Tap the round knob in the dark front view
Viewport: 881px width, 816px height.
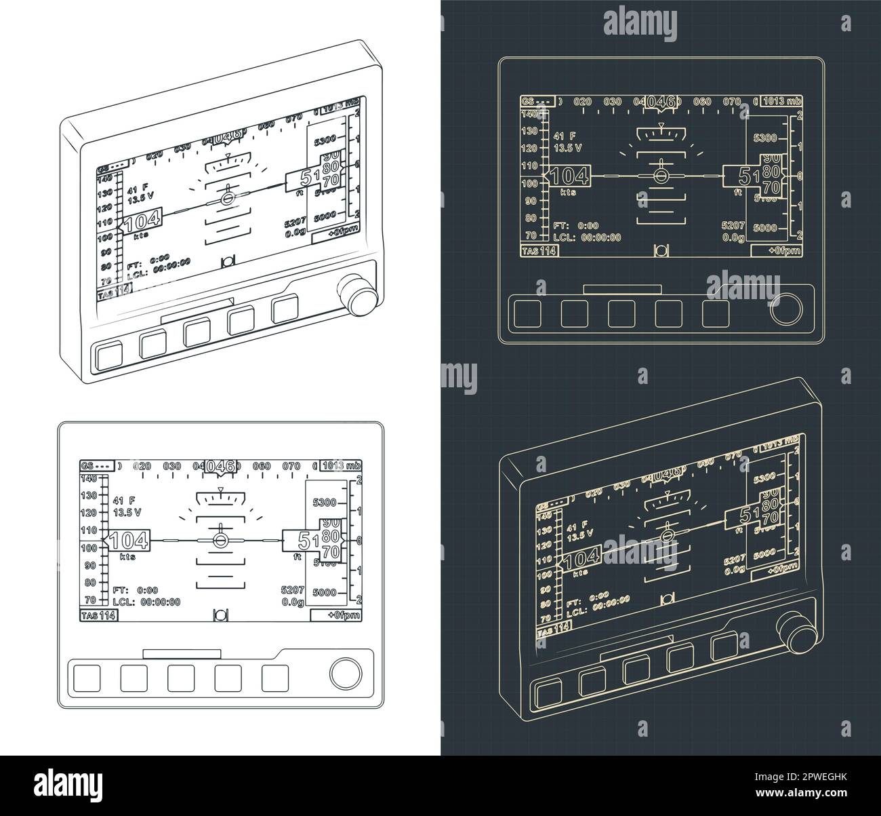tap(786, 310)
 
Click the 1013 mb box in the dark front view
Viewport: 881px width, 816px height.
tap(781, 101)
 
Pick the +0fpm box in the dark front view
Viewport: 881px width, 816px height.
tap(777, 250)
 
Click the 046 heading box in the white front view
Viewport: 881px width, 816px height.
tap(221, 466)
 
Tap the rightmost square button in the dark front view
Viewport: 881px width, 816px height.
tap(715, 313)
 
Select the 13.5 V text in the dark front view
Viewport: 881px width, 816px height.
tap(567, 147)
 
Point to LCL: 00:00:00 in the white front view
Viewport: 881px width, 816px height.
tap(146, 601)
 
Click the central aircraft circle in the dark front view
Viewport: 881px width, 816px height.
tap(659, 176)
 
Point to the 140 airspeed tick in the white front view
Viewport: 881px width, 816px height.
tap(88, 478)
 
